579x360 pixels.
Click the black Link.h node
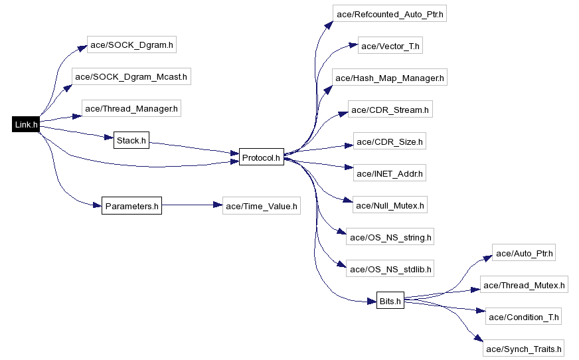click(26, 124)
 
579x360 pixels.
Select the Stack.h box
click(131, 140)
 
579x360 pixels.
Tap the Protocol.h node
click(262, 157)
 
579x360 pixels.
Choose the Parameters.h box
click(132, 206)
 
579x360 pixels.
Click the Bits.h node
click(390, 301)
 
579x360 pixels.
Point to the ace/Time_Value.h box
click(262, 206)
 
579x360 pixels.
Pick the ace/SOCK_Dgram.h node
click(132, 45)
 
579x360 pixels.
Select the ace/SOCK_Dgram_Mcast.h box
click(131, 76)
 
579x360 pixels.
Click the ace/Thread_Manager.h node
click(131, 108)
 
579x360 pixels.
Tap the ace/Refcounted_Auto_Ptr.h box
click(390, 14)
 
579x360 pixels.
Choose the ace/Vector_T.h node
click(390, 45)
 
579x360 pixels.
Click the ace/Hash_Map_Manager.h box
click(390, 77)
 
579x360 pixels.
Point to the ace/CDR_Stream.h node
click(390, 110)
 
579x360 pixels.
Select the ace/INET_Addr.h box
click(390, 173)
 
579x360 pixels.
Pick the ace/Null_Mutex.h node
click(390, 205)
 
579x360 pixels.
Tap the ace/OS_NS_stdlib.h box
click(390, 268)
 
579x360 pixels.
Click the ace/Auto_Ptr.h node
click(524, 252)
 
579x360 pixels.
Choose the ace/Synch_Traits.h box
click(524, 348)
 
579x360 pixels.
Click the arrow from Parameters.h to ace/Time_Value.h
click(192, 205)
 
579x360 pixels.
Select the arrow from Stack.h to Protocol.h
click(195, 147)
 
